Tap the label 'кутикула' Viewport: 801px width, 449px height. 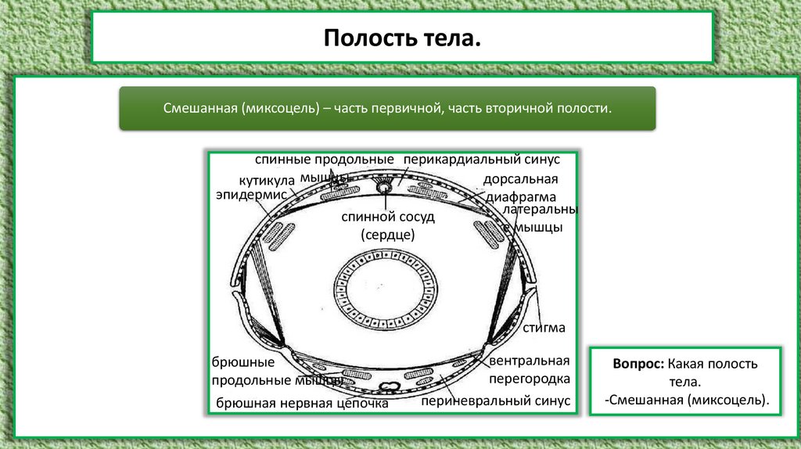point(267,181)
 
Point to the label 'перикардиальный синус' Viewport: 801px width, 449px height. point(482,160)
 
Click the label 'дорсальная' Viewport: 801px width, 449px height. point(513,180)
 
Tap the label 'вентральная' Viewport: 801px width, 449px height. point(529,361)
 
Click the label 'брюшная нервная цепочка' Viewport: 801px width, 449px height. point(302,404)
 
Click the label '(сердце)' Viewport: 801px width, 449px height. point(387,234)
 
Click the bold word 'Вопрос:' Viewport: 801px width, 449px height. point(638,365)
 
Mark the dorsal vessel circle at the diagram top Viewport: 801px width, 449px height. point(385,188)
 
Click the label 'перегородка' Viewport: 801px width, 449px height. point(529,379)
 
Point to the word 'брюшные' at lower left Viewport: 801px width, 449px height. point(243,363)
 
